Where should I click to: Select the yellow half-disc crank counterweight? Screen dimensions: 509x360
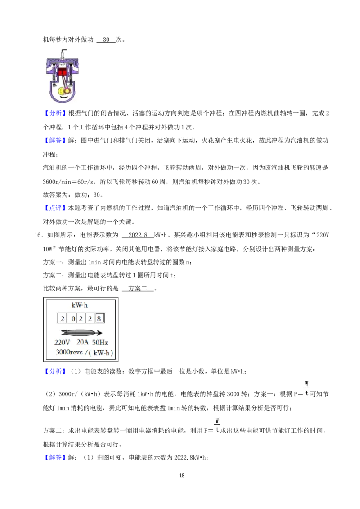tap(60, 91)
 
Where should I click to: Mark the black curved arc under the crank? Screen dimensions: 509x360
tap(65, 97)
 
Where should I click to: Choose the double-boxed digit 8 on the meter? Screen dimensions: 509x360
tap(99, 318)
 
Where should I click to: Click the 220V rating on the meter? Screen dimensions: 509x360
tap(62, 343)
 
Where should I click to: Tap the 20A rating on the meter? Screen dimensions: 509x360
tap(82, 343)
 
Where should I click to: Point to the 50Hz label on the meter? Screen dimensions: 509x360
tap(100, 343)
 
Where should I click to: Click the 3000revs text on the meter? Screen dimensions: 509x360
tap(69, 352)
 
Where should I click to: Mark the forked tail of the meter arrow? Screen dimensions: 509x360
tap(64, 333)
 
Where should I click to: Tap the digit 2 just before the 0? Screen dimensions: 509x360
tap(62, 318)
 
